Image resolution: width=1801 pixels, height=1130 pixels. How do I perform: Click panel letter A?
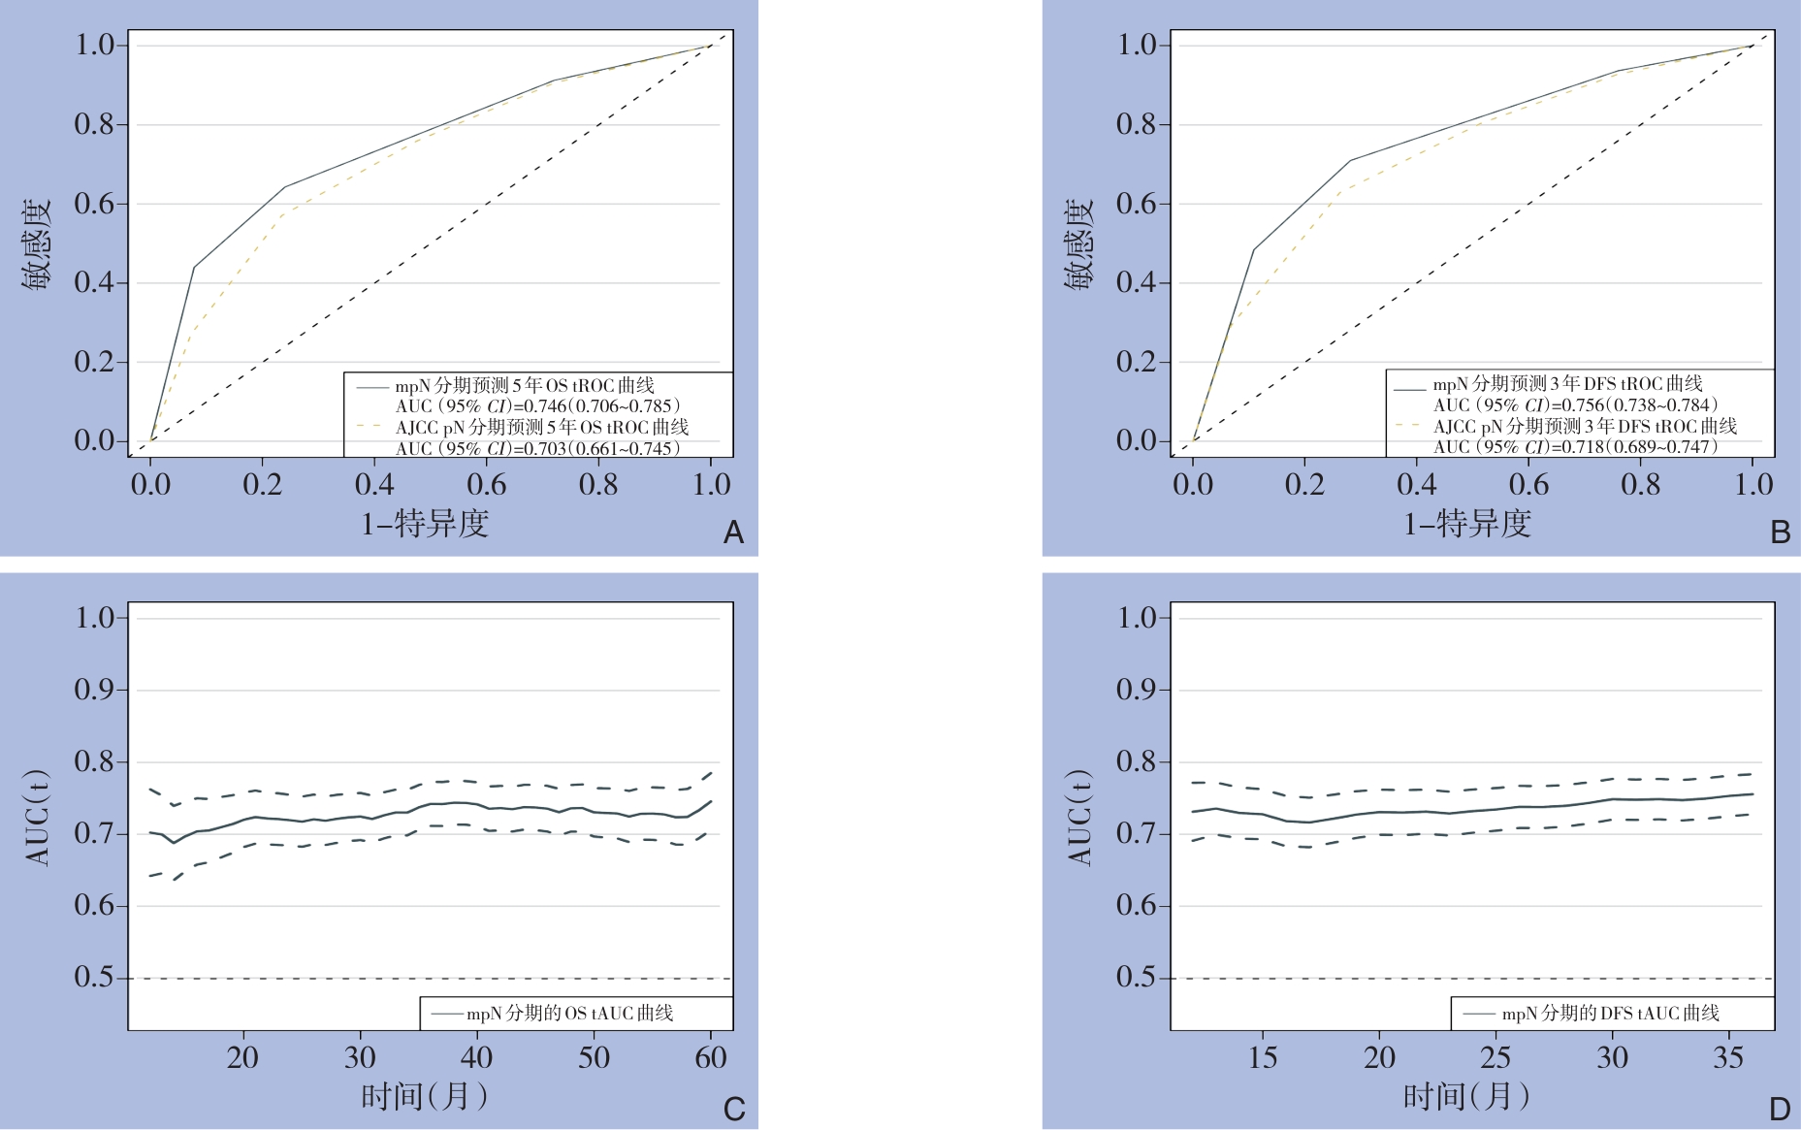(734, 533)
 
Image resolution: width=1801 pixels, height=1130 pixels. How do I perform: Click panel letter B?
(1780, 533)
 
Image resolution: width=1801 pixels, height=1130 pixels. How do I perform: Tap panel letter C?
(734, 1109)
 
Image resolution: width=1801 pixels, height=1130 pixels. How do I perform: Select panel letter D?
(1780, 1109)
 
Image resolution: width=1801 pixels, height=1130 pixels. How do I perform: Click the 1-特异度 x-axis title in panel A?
(425, 524)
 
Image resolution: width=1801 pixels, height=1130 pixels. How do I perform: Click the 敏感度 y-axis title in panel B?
(1078, 244)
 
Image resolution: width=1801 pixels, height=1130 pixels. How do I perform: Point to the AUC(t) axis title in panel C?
(37, 817)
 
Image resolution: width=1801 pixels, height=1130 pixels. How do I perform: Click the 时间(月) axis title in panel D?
(1466, 1097)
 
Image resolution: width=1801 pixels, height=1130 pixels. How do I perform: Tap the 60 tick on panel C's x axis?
(711, 1057)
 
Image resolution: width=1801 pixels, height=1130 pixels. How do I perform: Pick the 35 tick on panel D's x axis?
(1729, 1057)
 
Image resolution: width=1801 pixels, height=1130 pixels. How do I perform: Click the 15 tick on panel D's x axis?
(1262, 1057)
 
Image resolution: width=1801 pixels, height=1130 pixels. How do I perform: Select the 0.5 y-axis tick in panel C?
(94, 978)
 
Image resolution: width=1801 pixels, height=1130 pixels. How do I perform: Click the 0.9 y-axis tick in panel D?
(1137, 690)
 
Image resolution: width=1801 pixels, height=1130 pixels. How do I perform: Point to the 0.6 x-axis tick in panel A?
(486, 484)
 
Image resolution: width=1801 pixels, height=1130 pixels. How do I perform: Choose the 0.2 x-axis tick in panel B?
(1304, 484)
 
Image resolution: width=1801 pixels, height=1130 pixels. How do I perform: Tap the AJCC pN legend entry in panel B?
(1585, 426)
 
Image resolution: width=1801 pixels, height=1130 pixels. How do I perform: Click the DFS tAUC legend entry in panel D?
(1610, 1014)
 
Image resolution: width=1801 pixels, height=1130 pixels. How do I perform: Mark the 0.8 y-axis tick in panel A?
(94, 124)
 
